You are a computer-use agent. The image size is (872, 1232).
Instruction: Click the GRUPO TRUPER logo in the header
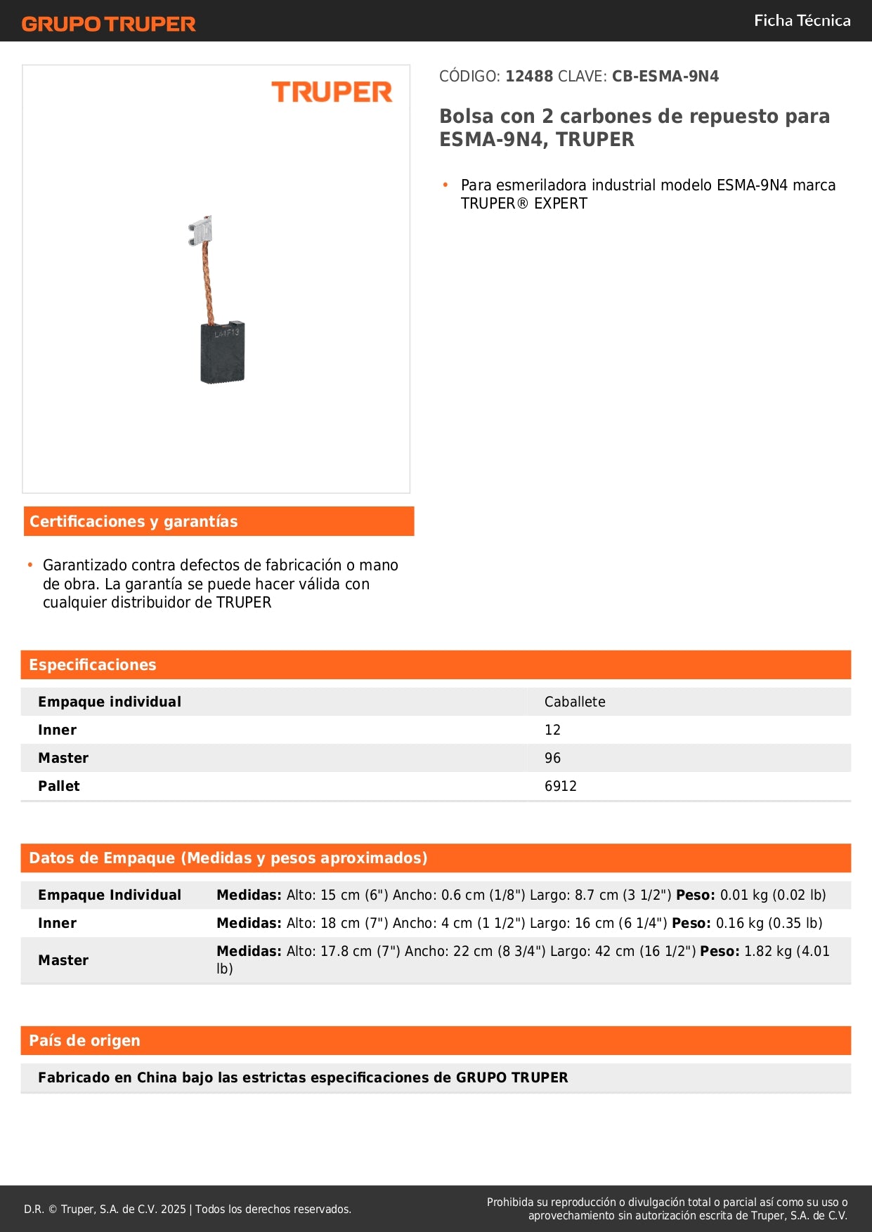(108, 24)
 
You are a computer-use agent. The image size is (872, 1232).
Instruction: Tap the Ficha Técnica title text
(802, 20)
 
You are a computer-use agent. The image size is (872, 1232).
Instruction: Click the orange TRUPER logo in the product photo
(332, 92)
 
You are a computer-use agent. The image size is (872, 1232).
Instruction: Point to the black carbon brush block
(223, 353)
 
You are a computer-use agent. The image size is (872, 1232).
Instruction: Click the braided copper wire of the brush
(207, 282)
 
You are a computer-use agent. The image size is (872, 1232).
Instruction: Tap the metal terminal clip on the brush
(201, 230)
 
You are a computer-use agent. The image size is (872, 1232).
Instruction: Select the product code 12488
(529, 77)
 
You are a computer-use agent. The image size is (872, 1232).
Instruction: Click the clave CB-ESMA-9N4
(665, 77)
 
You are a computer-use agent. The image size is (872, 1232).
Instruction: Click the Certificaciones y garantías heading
(134, 521)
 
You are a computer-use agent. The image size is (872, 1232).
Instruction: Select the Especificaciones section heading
(93, 664)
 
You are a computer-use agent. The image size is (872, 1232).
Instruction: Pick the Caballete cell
(575, 702)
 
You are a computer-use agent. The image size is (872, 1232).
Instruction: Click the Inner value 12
(552, 730)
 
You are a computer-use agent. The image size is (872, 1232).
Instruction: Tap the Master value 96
(552, 758)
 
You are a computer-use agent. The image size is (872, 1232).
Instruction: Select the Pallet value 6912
(560, 786)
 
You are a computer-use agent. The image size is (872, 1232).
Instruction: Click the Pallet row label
(59, 786)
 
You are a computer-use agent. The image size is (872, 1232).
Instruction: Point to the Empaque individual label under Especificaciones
(110, 702)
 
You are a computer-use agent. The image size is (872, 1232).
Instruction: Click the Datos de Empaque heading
(228, 858)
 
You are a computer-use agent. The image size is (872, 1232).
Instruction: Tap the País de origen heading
(84, 1040)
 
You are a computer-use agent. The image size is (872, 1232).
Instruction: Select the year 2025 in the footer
(173, 1209)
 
